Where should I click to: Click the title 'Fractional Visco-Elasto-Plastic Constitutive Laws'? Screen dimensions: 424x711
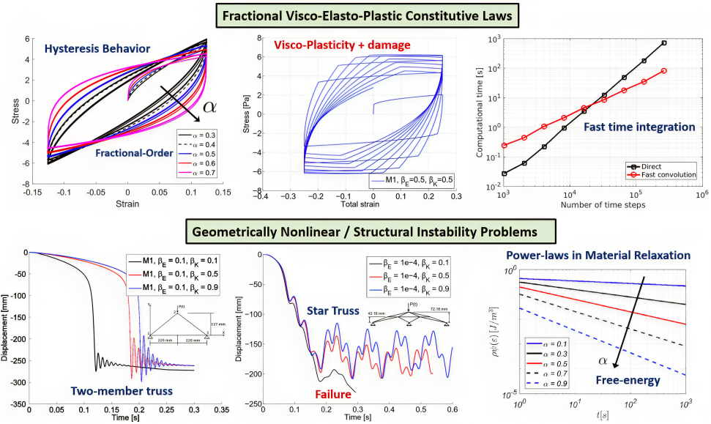tap(356, 14)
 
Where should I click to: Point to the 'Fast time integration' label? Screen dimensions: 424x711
tap(639, 127)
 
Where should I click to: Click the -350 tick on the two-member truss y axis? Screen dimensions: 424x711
tap(15, 403)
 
